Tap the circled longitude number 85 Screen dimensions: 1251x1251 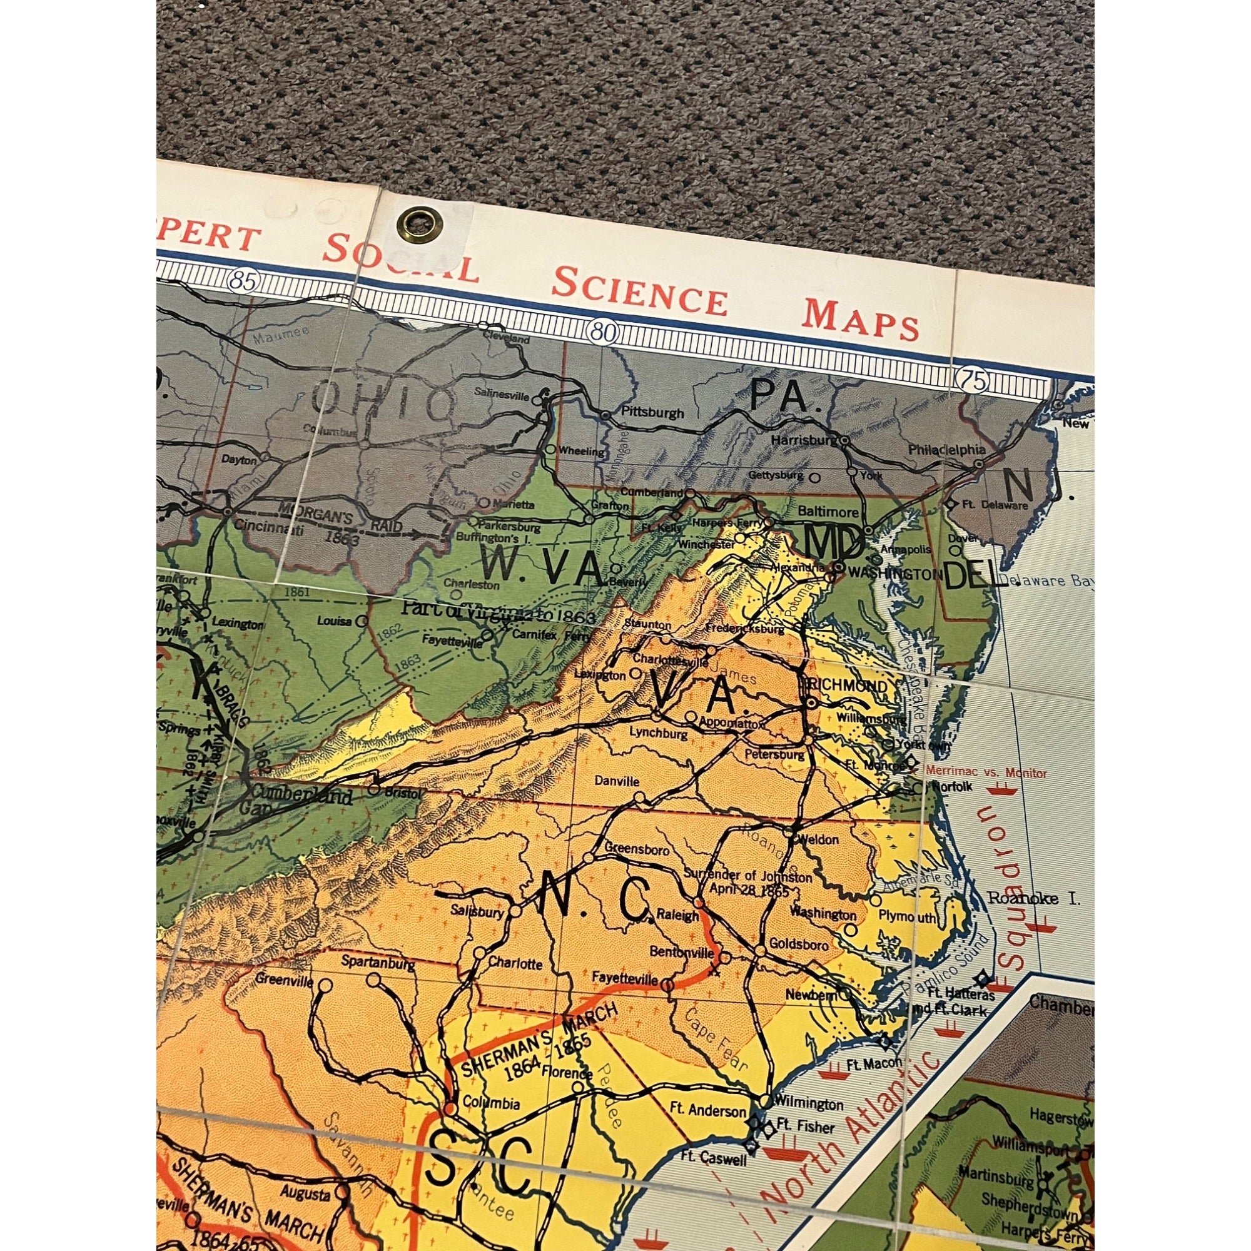(x=243, y=280)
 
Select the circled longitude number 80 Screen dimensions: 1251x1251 (x=603, y=333)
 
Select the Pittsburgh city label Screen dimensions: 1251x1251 (x=652, y=412)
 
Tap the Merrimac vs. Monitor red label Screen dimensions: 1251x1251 (x=986, y=773)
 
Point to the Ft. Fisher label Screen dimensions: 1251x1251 (x=806, y=1127)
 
